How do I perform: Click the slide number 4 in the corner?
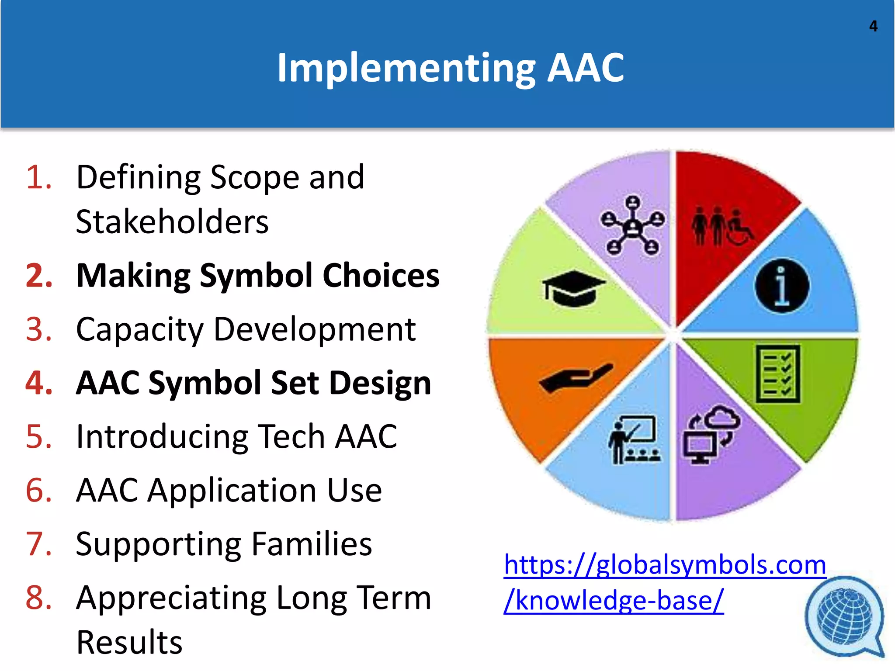point(873,26)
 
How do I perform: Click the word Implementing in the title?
point(406,68)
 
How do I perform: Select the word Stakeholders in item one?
point(172,222)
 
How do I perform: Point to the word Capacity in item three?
point(139,330)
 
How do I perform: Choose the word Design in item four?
point(380,383)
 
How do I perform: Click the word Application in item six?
point(232,491)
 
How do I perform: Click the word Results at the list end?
point(129,643)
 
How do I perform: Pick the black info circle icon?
point(782,286)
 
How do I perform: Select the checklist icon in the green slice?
point(778,374)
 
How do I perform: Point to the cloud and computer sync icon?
point(711,435)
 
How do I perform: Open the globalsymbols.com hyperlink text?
point(664,565)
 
